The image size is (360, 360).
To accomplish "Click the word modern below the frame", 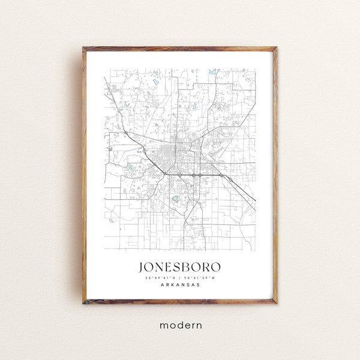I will [x=180, y=325].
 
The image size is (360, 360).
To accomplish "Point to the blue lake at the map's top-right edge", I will [x=211, y=72].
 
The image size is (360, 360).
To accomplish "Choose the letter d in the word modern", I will [x=176, y=325].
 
